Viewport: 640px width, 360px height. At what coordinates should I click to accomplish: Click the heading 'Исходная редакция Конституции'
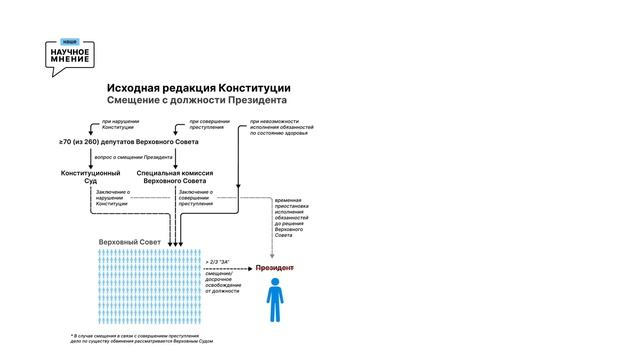[199, 88]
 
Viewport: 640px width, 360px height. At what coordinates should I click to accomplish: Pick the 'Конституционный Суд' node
[90, 178]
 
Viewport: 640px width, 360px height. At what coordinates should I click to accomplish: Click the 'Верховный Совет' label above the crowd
[129, 243]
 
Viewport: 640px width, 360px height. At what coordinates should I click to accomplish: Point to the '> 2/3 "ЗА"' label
[217, 261]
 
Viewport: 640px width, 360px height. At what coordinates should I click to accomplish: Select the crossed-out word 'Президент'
[275, 268]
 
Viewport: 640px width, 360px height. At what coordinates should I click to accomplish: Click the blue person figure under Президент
[274, 301]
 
